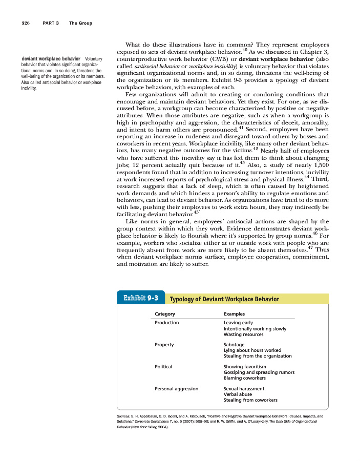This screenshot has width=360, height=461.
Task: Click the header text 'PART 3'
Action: [52, 23]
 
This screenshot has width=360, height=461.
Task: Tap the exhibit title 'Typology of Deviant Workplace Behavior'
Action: [224, 299]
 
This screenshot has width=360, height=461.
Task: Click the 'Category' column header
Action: [165, 314]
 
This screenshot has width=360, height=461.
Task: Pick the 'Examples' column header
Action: [234, 314]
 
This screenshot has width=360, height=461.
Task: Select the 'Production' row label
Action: [167, 323]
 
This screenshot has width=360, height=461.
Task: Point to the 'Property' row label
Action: [164, 345]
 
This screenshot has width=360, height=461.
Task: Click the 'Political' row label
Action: [163, 367]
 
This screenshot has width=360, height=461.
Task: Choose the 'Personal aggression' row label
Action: [176, 389]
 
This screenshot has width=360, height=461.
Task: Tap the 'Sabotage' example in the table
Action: [234, 345]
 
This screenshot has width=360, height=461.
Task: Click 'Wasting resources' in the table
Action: [243, 334]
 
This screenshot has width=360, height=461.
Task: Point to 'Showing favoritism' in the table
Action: [245, 367]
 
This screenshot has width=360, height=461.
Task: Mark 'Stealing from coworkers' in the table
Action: [250, 400]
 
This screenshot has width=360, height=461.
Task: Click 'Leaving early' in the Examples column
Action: [238, 323]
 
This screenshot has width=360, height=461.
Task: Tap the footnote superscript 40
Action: [245, 50]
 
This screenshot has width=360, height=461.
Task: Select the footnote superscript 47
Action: [310, 247]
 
